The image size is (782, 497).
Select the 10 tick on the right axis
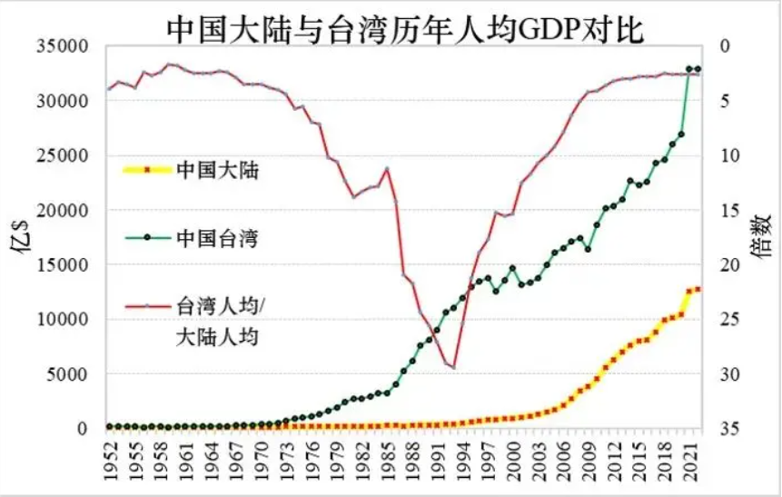[725, 155]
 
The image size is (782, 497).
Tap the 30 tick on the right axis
[725, 374]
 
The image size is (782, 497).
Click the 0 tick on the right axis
[721, 46]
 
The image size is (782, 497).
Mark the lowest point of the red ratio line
[453, 367]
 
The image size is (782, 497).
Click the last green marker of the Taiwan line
[698, 69]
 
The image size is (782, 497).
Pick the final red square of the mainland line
[698, 289]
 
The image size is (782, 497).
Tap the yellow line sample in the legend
[145, 168]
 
